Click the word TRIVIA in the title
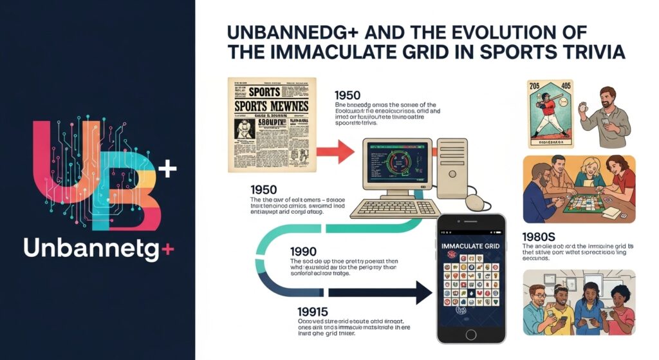click(593, 52)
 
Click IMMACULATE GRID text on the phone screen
click(471, 245)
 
